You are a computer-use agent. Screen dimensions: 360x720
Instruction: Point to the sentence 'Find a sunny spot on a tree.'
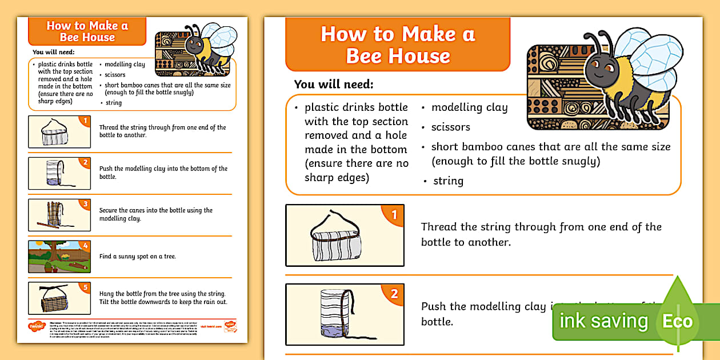click(x=137, y=257)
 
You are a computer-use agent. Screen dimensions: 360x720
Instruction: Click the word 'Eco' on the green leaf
click(x=677, y=321)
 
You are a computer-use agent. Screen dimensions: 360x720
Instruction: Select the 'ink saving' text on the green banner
click(x=603, y=321)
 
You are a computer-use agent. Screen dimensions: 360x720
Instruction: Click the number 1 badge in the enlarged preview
click(x=394, y=215)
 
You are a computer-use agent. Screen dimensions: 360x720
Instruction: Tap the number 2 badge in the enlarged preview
click(x=394, y=295)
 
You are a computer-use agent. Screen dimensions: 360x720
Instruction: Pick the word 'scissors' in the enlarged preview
click(x=451, y=127)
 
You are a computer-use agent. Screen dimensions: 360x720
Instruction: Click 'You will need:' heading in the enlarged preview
click(x=334, y=85)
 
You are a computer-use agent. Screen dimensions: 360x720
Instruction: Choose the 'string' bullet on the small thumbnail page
click(x=113, y=103)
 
